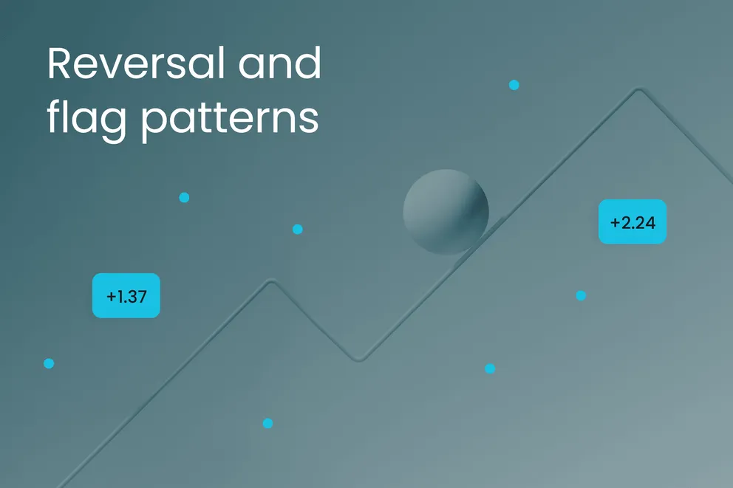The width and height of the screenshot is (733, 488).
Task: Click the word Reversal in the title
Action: pos(126,65)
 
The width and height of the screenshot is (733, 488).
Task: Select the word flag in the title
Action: pos(86,118)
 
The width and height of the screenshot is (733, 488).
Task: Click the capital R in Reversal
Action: pos(59,65)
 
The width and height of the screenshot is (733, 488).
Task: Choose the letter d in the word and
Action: pos(309,63)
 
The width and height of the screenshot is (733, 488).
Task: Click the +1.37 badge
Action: pos(126,296)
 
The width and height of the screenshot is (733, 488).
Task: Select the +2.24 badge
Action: pos(633,221)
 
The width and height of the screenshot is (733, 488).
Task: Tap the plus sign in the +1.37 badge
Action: pos(111,297)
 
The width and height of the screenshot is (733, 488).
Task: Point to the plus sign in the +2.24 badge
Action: pos(615,221)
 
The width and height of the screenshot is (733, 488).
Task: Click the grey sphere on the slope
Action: pos(446,212)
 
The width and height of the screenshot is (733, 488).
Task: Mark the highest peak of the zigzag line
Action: pos(638,90)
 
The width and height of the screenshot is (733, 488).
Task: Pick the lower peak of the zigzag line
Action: pos(271,281)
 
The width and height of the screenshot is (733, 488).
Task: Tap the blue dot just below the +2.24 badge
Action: pos(581,296)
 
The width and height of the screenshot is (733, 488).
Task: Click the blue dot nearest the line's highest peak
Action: pos(514,85)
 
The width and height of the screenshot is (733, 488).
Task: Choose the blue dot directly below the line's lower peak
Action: pos(267,423)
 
